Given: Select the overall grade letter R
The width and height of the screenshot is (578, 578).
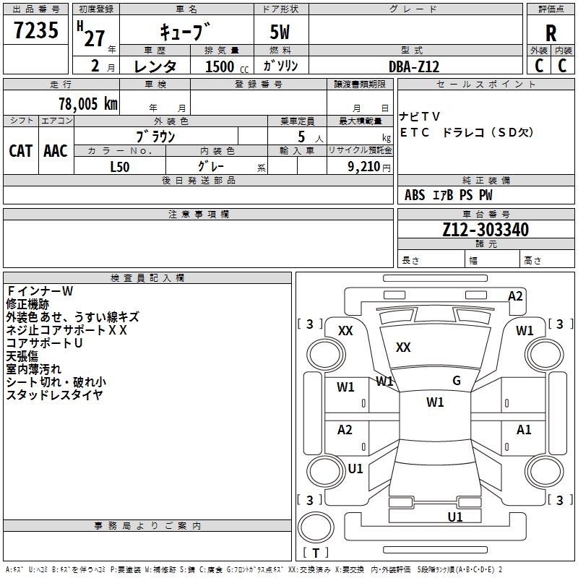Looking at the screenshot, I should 551,33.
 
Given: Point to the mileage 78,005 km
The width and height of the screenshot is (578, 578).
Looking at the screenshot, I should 85,103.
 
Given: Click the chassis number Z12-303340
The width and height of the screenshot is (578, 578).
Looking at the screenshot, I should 486,230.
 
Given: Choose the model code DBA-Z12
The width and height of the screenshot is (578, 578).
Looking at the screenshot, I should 414,66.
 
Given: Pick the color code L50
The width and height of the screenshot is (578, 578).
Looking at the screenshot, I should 120,165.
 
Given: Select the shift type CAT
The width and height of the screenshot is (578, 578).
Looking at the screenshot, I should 21,151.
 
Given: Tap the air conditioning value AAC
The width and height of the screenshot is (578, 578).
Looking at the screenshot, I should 56,151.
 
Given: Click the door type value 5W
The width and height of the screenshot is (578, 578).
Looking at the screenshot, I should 280,33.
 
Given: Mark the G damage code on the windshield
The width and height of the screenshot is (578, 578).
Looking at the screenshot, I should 457,381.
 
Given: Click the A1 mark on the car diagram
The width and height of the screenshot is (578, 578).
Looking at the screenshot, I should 524,430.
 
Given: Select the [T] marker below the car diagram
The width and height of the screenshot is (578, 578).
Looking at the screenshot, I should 315,553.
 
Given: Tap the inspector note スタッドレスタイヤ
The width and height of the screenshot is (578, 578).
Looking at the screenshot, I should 55,394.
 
